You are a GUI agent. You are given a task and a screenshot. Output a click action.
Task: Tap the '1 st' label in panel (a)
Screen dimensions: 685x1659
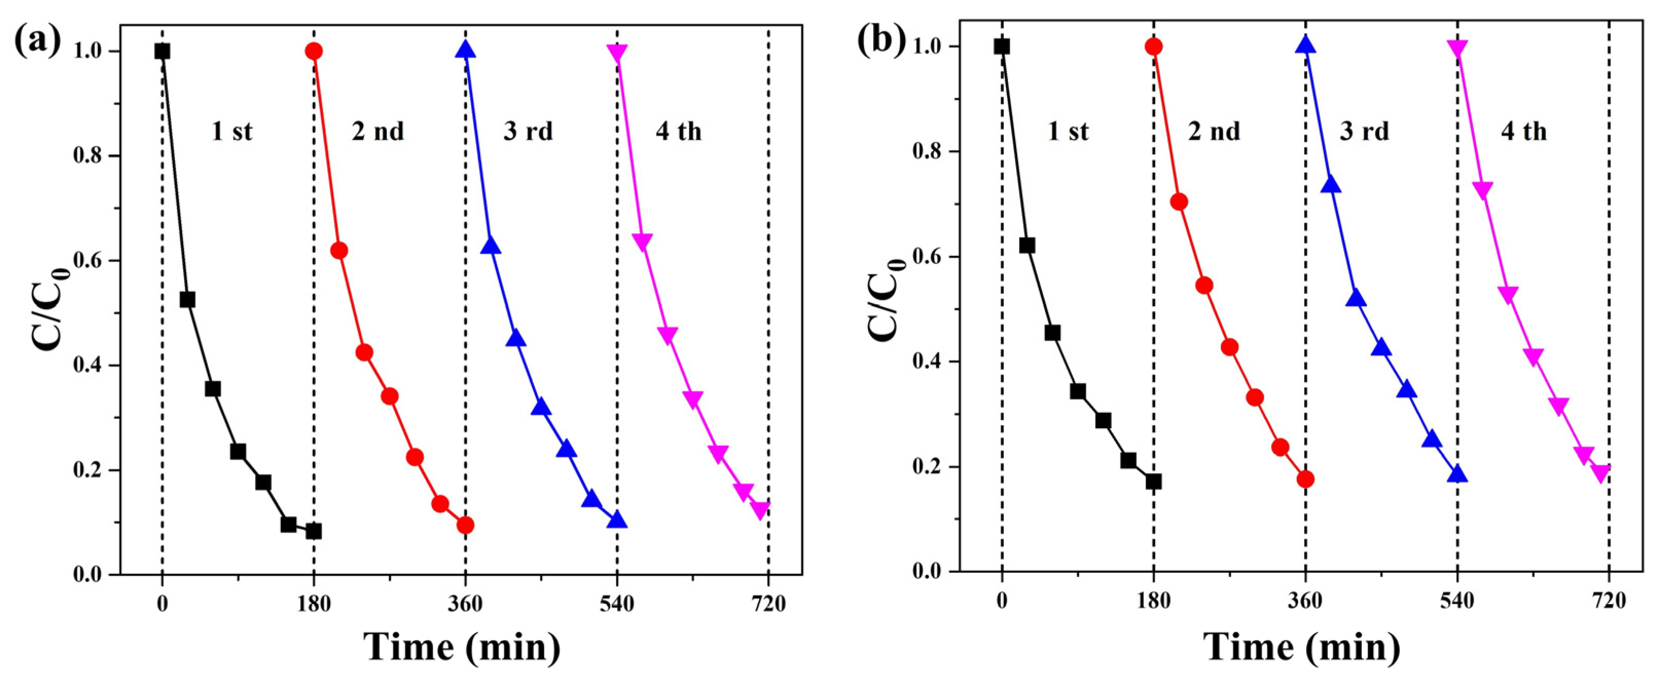click(232, 131)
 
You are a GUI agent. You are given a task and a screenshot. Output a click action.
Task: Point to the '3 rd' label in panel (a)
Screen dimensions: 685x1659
click(528, 131)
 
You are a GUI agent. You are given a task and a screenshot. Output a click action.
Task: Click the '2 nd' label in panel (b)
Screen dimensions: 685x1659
click(1214, 131)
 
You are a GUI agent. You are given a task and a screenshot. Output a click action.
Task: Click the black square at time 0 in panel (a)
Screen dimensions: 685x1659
click(163, 51)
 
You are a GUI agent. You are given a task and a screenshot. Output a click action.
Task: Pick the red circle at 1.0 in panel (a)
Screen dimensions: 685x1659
click(314, 51)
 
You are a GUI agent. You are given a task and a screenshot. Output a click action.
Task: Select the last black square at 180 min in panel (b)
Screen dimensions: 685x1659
click(1153, 481)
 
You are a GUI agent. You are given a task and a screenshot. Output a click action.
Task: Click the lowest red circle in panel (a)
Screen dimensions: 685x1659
click(465, 525)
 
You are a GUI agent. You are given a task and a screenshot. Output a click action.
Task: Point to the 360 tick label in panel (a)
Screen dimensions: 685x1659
click(465, 604)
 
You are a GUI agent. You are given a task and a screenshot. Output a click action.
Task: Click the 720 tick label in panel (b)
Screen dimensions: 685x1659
click(1609, 601)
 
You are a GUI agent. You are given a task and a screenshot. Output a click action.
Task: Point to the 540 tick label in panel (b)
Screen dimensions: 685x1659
click(1457, 601)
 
